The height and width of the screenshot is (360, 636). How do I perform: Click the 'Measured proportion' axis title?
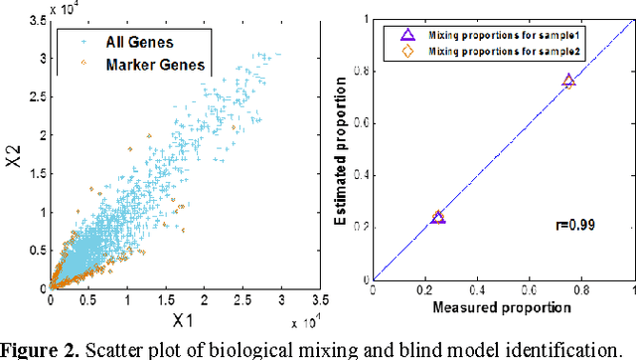[502, 308]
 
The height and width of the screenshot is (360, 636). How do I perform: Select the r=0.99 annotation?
[569, 226]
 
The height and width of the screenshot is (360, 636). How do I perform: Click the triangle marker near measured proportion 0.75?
[568, 81]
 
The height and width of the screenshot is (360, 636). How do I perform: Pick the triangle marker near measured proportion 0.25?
[438, 217]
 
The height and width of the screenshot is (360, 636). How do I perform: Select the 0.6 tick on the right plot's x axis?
[529, 291]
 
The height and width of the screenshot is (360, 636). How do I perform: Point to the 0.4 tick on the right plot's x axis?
[477, 291]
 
